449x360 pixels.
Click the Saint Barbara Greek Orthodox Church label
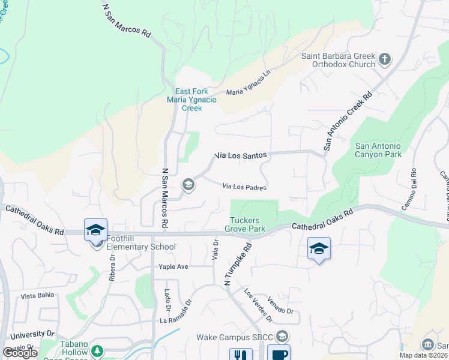click(x=337, y=60)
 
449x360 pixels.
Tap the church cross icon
click(x=385, y=59)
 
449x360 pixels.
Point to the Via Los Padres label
click(x=244, y=187)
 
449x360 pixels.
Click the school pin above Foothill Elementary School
click(x=95, y=230)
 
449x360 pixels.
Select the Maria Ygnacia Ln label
click(x=249, y=91)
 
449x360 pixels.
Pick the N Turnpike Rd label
click(x=237, y=264)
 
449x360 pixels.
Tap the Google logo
click(x=20, y=352)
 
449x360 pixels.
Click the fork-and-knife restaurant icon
click(x=239, y=355)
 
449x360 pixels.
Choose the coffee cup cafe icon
click(x=278, y=354)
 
